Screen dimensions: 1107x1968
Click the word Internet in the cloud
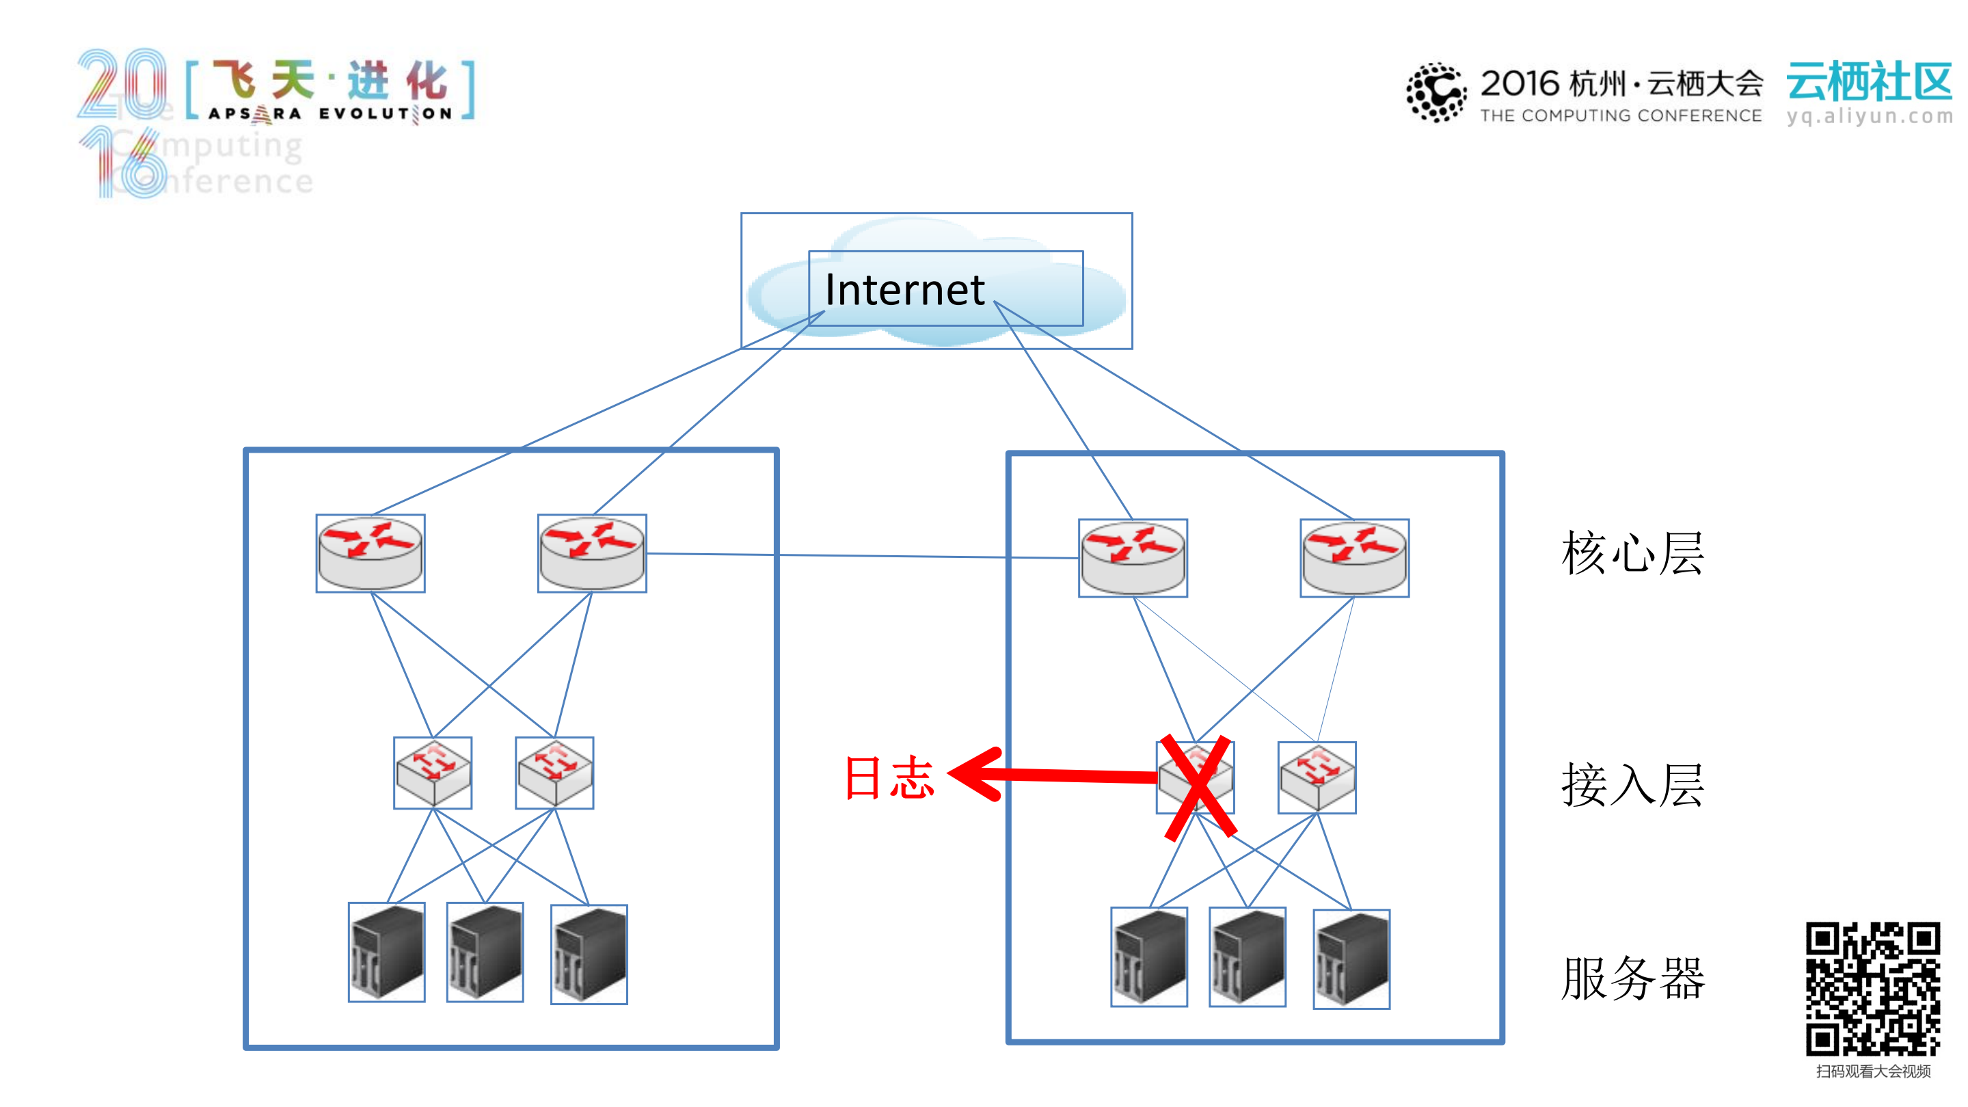point(904,291)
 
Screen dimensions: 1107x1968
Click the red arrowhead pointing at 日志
point(974,774)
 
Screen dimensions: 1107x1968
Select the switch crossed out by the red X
point(1196,777)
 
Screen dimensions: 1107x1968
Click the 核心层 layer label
point(1632,553)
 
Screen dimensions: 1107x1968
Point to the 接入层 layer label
point(1632,786)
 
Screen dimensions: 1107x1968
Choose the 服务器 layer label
point(1632,978)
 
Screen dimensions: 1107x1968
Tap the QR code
point(1872,989)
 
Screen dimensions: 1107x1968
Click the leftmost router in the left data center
point(370,554)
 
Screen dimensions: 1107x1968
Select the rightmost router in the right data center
point(1355,559)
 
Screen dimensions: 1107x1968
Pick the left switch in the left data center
point(433,773)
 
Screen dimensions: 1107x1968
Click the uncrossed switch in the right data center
point(1317,777)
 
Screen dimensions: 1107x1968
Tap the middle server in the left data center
point(485,952)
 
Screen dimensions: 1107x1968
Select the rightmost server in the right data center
point(1351,959)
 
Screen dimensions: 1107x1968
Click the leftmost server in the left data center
point(387,952)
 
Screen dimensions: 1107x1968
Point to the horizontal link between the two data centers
point(863,555)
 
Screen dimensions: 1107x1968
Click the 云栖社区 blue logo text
point(1869,82)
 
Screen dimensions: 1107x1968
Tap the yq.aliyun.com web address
point(1869,116)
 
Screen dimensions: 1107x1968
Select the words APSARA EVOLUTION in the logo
point(331,114)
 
